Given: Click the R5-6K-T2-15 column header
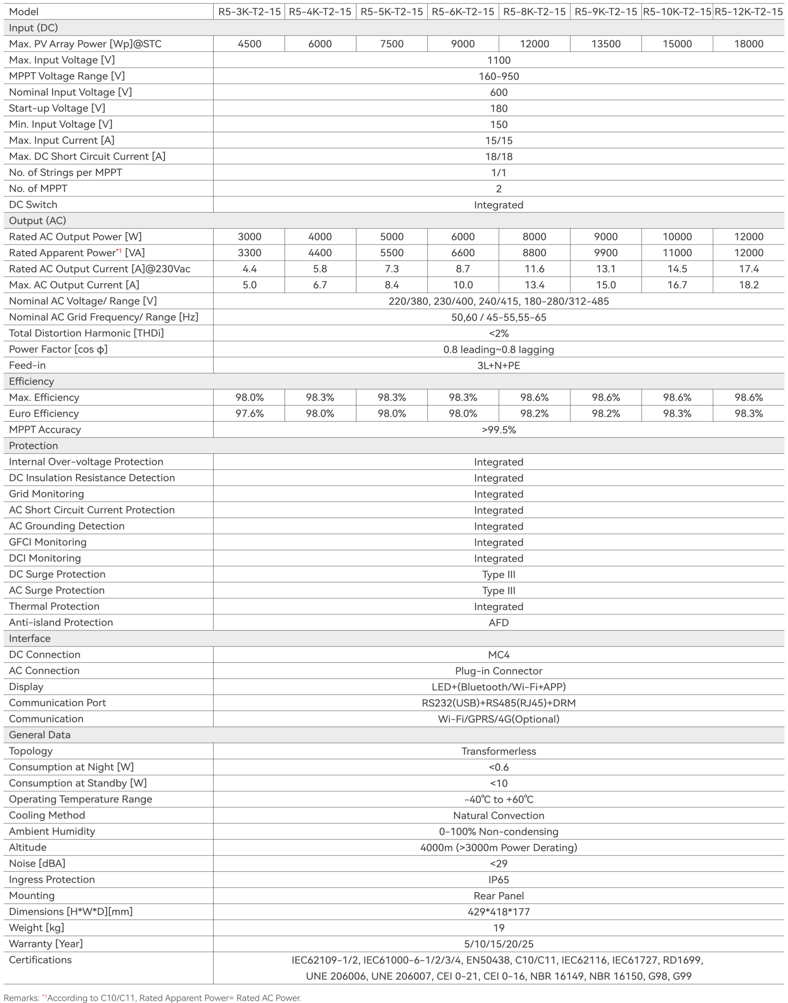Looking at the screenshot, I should pyautogui.click(x=463, y=11).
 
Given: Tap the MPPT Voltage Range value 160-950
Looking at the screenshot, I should pyautogui.click(x=498, y=76).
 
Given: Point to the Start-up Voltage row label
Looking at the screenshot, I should pyautogui.click(x=57, y=108).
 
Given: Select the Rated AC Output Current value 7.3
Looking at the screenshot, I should pyautogui.click(x=391, y=269).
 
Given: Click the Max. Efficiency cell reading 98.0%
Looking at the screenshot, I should pyautogui.click(x=249, y=397).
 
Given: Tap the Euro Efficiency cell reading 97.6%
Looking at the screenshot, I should pyautogui.click(x=249, y=414).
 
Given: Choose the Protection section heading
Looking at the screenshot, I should pyautogui.click(x=33, y=445).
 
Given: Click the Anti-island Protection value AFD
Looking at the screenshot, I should pyautogui.click(x=498, y=623).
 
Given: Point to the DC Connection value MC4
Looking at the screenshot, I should pyautogui.click(x=498, y=655).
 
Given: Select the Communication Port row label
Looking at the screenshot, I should pyautogui.click(x=57, y=702).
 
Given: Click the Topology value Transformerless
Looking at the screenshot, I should pyautogui.click(x=498, y=751).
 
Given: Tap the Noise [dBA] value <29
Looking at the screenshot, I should pyautogui.click(x=498, y=863).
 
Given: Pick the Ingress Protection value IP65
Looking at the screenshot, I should pyautogui.click(x=498, y=879).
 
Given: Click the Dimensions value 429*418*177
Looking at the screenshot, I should pyautogui.click(x=498, y=912).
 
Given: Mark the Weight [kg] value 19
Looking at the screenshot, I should pyautogui.click(x=498, y=928).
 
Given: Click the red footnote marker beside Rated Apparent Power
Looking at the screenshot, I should pyautogui.click(x=119, y=251).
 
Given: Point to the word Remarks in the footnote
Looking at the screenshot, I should pyautogui.click(x=21, y=998).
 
